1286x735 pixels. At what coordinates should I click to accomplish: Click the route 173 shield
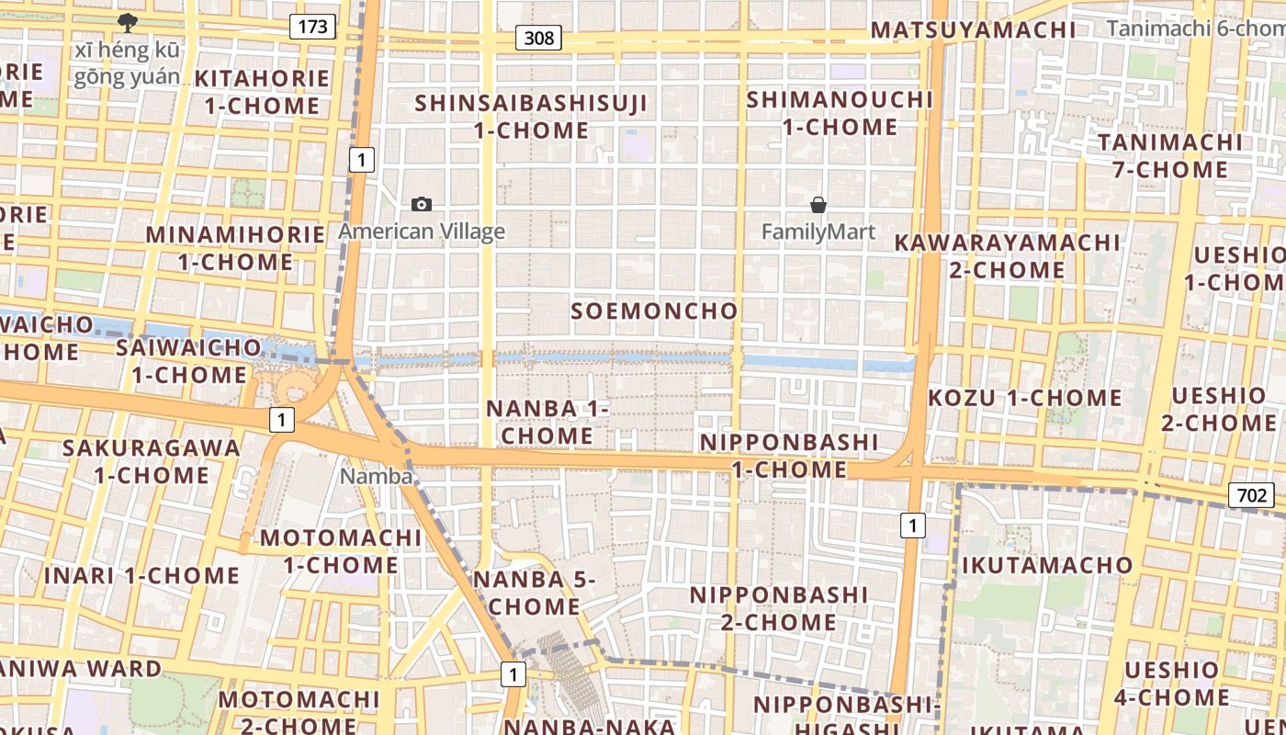click(312, 27)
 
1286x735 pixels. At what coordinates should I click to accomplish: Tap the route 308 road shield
click(539, 38)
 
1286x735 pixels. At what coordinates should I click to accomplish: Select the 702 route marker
click(1251, 496)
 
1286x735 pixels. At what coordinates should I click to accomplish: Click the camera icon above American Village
click(422, 204)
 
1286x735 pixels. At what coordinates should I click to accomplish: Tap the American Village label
click(422, 231)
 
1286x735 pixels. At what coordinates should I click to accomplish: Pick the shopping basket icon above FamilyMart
click(818, 205)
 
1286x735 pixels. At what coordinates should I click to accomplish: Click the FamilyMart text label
click(818, 232)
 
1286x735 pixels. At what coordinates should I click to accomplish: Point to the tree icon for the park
click(127, 22)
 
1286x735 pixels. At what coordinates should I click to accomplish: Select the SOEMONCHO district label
click(654, 311)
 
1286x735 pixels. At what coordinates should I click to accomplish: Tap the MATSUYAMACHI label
click(973, 29)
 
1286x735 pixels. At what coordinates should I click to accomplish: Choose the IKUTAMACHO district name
click(1047, 564)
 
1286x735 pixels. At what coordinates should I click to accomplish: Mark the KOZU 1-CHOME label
click(1024, 398)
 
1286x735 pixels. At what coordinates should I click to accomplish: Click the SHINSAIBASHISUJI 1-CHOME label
click(531, 117)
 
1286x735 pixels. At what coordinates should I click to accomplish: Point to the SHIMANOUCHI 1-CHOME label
click(840, 113)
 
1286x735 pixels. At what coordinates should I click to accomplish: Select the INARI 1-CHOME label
click(141, 576)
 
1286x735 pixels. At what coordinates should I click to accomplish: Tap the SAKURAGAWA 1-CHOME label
click(152, 461)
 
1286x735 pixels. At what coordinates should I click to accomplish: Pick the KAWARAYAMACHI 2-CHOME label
click(1007, 256)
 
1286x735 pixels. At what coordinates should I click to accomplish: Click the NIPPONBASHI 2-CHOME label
click(778, 608)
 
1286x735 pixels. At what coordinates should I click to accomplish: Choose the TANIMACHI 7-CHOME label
click(1168, 156)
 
